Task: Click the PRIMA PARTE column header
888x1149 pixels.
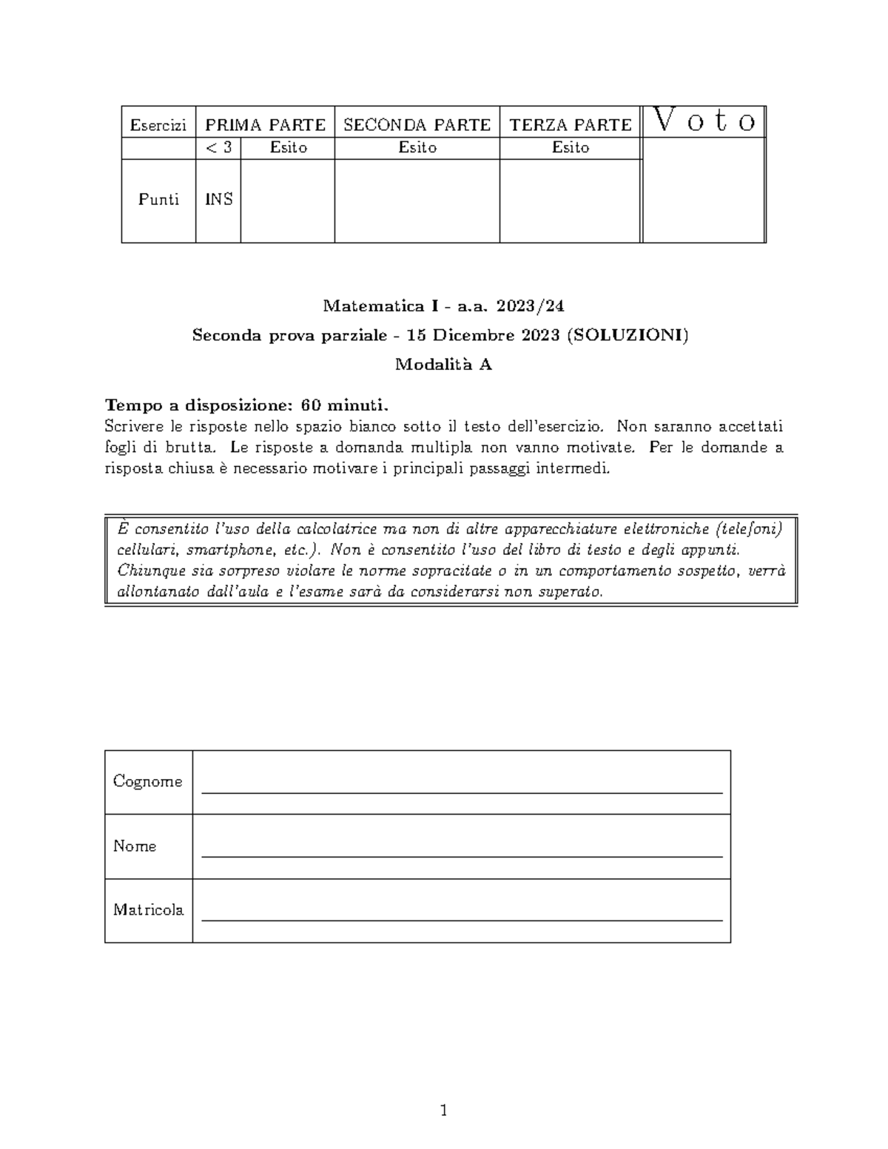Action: click(x=265, y=124)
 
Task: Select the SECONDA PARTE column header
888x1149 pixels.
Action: click(x=417, y=124)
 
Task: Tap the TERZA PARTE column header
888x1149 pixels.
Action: click(x=570, y=124)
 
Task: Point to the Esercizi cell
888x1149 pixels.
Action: click(x=158, y=125)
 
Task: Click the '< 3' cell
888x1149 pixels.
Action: click(x=218, y=148)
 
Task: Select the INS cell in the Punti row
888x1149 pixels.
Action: click(x=218, y=200)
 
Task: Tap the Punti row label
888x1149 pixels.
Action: click(x=158, y=200)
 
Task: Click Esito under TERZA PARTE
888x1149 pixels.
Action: click(x=570, y=148)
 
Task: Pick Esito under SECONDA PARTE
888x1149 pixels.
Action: click(x=417, y=148)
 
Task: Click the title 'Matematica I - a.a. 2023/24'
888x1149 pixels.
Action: click(x=443, y=306)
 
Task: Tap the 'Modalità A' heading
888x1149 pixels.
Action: click(x=443, y=364)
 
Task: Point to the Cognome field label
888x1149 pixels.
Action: click(x=147, y=781)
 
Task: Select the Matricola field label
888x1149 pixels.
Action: click(x=148, y=910)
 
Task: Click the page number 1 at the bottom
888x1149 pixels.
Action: click(x=443, y=1110)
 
